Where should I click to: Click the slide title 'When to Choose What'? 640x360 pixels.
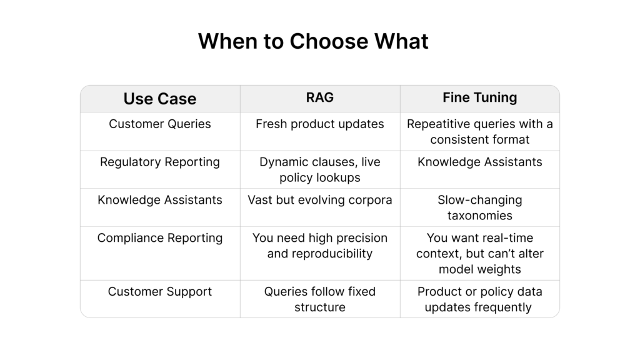[313, 41]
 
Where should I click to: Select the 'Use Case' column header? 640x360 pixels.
[160, 99]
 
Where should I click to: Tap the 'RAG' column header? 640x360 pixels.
[320, 97]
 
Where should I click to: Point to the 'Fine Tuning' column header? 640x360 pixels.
[480, 97]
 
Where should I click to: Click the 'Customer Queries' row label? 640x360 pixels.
[160, 124]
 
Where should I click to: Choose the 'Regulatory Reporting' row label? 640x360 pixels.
[160, 162]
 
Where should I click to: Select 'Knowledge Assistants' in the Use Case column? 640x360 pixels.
[160, 200]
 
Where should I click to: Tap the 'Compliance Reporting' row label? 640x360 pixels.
[160, 238]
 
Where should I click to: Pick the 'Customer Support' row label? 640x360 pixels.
[160, 292]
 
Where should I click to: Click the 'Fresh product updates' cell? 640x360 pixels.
[320, 124]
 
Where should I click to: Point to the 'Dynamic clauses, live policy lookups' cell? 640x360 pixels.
[320, 170]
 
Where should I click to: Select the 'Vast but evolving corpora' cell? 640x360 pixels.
[320, 200]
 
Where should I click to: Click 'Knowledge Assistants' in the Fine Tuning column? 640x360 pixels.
[480, 162]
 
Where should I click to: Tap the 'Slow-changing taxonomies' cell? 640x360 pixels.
[480, 207]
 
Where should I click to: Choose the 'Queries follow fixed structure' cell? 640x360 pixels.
[320, 299]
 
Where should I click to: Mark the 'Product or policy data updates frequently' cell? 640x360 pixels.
[480, 299]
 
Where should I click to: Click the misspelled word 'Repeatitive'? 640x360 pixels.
[439, 124]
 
